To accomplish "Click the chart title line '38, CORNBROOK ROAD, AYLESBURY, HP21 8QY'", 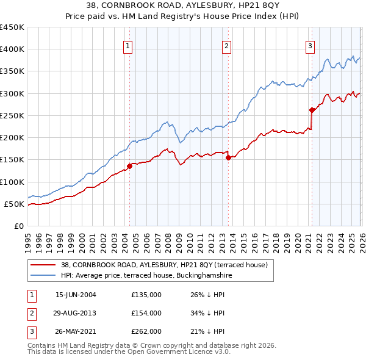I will point(183,7).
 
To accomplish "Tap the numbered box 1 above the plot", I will point(128,45).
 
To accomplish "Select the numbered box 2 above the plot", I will point(226,45).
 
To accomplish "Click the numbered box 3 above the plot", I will point(310,45).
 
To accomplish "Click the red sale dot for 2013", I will point(228,157).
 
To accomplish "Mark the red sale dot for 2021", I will point(312,110).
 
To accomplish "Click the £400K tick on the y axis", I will point(12,49).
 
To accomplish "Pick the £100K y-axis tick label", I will point(12,182).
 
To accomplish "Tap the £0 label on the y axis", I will point(19,226).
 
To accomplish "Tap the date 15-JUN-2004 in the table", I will point(76,295).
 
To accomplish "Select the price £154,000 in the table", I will point(146,313).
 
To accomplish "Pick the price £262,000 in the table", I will point(146,331).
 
